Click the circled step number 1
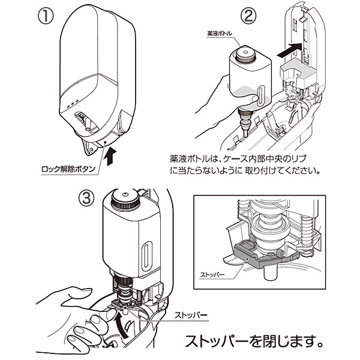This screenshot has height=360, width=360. tap(45, 16)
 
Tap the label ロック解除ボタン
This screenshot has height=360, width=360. tap(67, 169)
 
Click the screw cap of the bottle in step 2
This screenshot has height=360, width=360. tap(245, 55)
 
